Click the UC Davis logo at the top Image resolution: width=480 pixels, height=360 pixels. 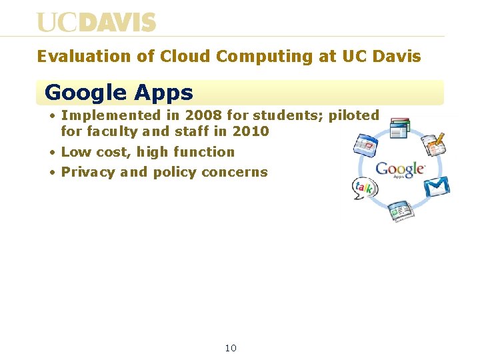tap(96, 22)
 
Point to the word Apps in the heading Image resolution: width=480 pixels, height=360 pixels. tap(163, 93)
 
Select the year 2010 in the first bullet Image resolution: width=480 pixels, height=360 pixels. tap(251, 131)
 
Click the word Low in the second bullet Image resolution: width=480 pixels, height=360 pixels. tap(74, 152)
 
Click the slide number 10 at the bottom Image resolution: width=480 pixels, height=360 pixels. tap(231, 348)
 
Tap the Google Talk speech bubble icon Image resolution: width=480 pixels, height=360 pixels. tap(364, 189)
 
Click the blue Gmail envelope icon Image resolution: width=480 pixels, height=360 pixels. tap(437, 187)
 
